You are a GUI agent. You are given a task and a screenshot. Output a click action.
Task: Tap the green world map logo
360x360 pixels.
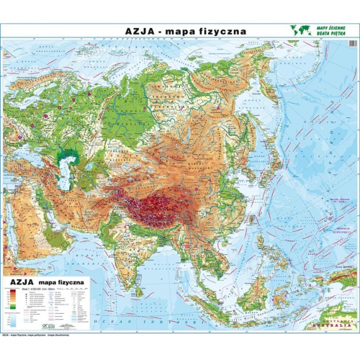[x=301, y=30]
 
